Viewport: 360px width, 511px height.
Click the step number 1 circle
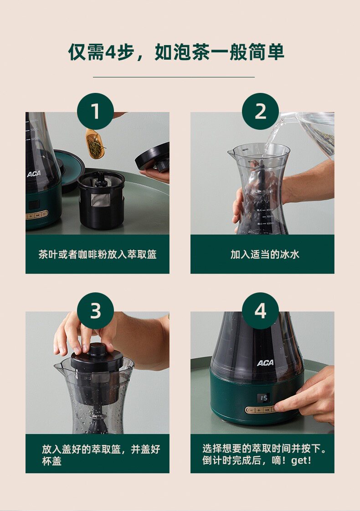(95, 112)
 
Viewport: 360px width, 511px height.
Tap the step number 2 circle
(260, 112)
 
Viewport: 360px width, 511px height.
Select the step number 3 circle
(95, 311)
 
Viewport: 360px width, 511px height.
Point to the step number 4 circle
(260, 311)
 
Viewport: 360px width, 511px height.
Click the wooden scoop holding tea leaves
(95, 144)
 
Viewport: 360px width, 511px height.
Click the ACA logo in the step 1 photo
(34, 174)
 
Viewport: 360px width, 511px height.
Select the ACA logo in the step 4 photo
(265, 363)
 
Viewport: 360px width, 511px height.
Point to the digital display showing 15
(264, 398)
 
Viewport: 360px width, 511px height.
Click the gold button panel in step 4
(261, 410)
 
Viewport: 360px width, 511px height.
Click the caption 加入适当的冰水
(265, 254)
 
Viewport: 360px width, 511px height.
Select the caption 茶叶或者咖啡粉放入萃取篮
(98, 254)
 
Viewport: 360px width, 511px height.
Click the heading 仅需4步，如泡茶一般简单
(176, 52)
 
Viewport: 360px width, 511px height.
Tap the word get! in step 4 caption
(301, 460)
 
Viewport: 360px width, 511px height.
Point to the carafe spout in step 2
(231, 152)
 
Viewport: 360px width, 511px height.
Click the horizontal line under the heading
(174, 77)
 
